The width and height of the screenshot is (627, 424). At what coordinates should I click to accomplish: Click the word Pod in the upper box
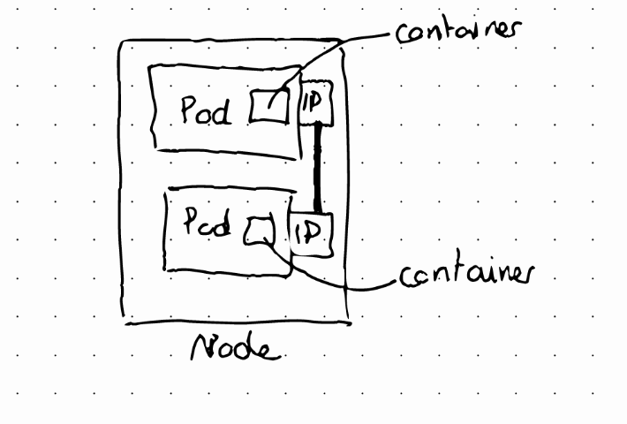[x=206, y=110]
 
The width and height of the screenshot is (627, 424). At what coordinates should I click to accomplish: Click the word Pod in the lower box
[x=208, y=221]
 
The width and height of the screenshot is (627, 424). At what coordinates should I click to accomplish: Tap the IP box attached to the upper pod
[x=316, y=103]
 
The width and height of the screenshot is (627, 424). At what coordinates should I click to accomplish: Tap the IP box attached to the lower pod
[x=312, y=235]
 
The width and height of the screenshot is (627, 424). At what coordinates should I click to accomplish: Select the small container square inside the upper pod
[x=268, y=106]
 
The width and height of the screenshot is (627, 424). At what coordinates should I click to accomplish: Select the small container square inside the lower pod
[x=260, y=231]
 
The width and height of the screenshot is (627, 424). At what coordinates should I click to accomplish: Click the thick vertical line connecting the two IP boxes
[x=318, y=169]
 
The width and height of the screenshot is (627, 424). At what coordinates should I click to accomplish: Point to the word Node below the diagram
[x=236, y=347]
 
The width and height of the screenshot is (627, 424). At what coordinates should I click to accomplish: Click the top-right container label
[x=458, y=31]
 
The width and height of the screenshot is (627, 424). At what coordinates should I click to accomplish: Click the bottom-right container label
[x=466, y=274]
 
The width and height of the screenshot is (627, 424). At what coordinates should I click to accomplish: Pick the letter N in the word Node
[x=203, y=347]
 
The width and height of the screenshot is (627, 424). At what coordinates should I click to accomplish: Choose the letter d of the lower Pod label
[x=223, y=222]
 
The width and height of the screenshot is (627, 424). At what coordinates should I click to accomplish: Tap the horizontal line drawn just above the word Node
[x=238, y=322]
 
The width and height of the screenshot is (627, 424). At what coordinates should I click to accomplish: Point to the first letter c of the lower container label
[x=406, y=277]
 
